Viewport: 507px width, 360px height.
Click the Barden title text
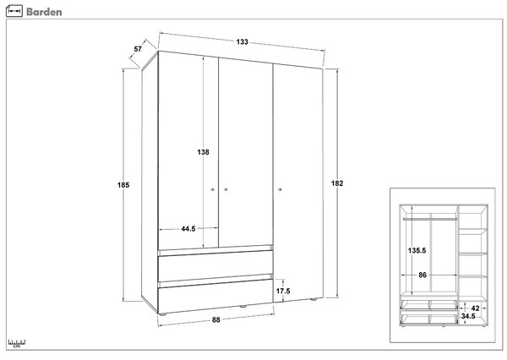[x=44, y=12]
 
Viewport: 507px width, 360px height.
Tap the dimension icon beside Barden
[x=14, y=11]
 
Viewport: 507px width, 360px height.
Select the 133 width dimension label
[x=243, y=41]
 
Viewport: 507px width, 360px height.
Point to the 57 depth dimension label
[x=138, y=49]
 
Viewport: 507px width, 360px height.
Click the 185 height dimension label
[x=123, y=185]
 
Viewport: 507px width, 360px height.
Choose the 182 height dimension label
[x=337, y=183]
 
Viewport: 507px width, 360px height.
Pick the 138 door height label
[x=203, y=152]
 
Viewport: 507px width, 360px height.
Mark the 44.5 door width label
[x=188, y=229]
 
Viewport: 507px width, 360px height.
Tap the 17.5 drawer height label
[x=283, y=291]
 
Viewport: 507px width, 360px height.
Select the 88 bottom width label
[x=216, y=320]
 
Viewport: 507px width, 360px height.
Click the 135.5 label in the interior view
[x=417, y=250]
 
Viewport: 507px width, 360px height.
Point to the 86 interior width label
[x=422, y=275]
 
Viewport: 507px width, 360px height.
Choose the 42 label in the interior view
[x=475, y=308]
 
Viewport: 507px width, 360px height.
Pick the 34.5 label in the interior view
[x=468, y=316]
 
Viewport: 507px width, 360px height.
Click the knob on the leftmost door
[x=213, y=189]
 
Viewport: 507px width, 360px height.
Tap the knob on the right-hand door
[x=280, y=189]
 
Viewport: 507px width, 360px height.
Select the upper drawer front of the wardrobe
[x=215, y=265]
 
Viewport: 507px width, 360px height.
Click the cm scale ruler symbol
[x=17, y=343]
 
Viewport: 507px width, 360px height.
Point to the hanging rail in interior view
[x=430, y=219]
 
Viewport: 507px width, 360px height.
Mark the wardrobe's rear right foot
[x=313, y=299]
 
